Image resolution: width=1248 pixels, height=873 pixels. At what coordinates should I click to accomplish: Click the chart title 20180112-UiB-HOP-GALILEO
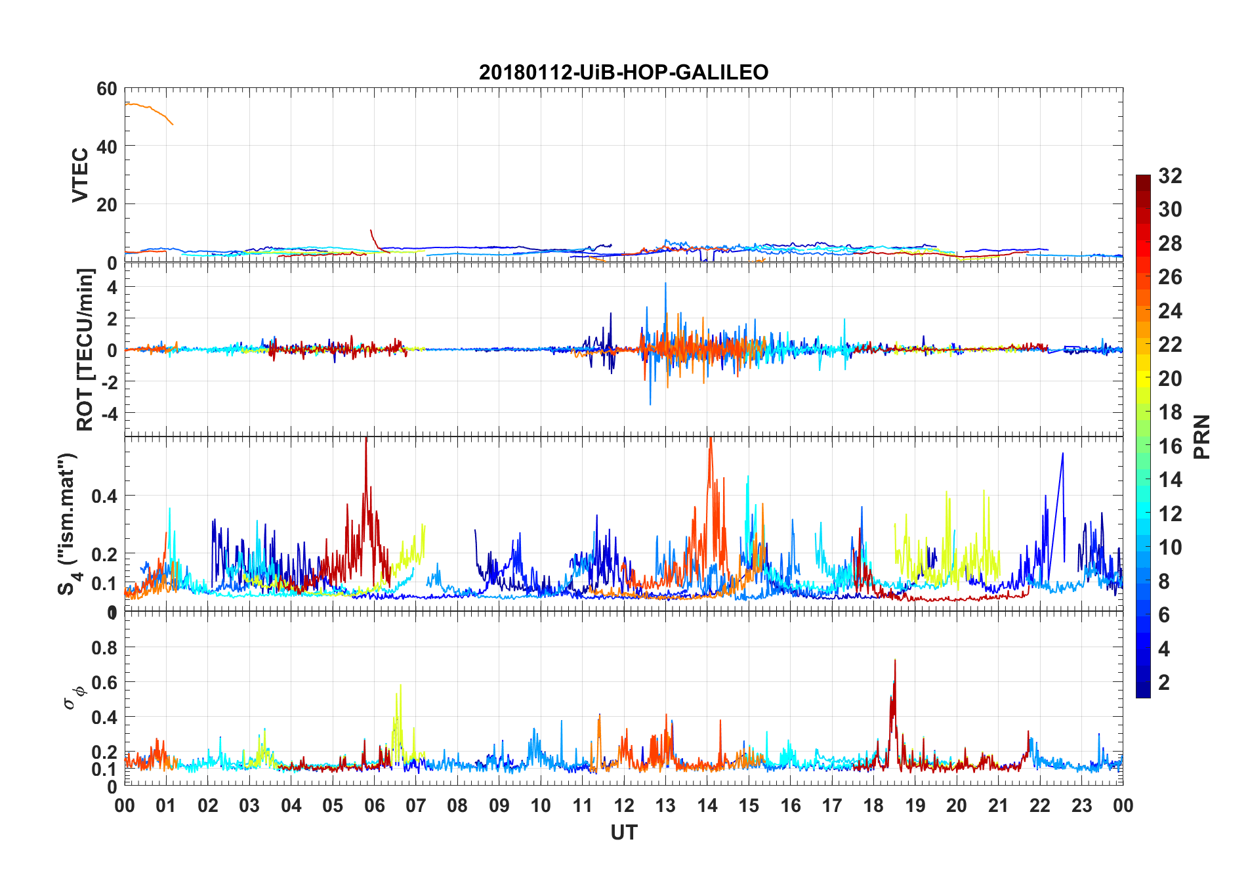(x=623, y=72)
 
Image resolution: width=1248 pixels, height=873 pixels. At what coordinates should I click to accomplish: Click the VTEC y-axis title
(x=79, y=175)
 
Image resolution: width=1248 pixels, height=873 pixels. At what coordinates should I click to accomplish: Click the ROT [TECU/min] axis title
(x=85, y=350)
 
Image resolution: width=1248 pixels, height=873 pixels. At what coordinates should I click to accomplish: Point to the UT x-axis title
(x=623, y=833)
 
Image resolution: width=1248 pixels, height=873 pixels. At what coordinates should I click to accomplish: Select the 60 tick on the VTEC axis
(x=106, y=89)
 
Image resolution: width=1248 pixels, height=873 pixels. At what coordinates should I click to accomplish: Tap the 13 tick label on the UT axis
(x=665, y=806)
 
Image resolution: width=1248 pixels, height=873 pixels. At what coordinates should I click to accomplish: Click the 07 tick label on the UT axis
(x=416, y=806)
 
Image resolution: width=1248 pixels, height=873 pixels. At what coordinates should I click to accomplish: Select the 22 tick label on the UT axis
(x=1040, y=806)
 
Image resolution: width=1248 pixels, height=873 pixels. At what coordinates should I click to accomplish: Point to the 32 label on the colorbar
(x=1170, y=176)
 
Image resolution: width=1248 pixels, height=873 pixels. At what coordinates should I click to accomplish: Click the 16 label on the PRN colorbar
(x=1170, y=446)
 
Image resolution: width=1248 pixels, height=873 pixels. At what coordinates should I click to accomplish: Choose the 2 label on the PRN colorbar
(x=1164, y=683)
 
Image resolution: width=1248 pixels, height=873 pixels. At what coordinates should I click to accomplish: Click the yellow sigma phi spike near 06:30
(x=400, y=687)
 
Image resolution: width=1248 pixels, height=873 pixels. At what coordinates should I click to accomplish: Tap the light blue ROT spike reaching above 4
(x=665, y=285)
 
